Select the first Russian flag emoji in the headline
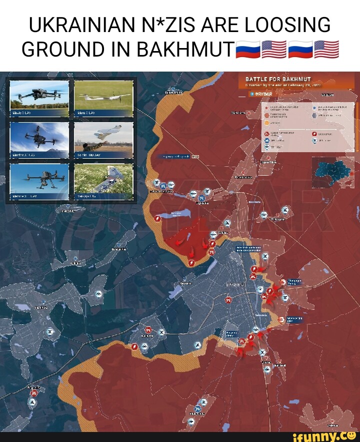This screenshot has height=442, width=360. [x=247, y=50]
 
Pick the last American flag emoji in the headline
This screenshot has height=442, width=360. [x=326, y=50]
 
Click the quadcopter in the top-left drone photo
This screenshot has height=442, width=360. [x=39, y=94]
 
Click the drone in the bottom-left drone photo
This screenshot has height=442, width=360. [x=40, y=178]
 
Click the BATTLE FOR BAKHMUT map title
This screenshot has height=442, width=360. [x=278, y=79]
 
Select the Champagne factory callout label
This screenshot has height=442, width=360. [x=294, y=282]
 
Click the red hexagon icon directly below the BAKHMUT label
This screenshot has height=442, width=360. [x=228, y=300]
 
